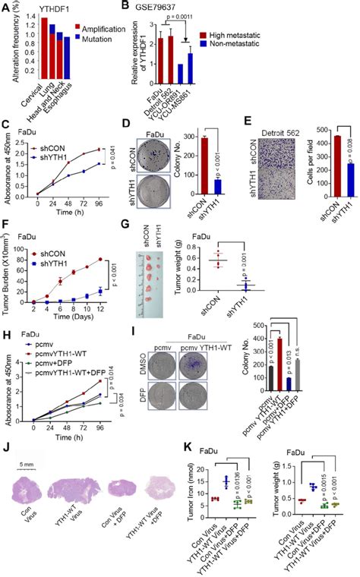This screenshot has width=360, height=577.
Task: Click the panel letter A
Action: (6, 7)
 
